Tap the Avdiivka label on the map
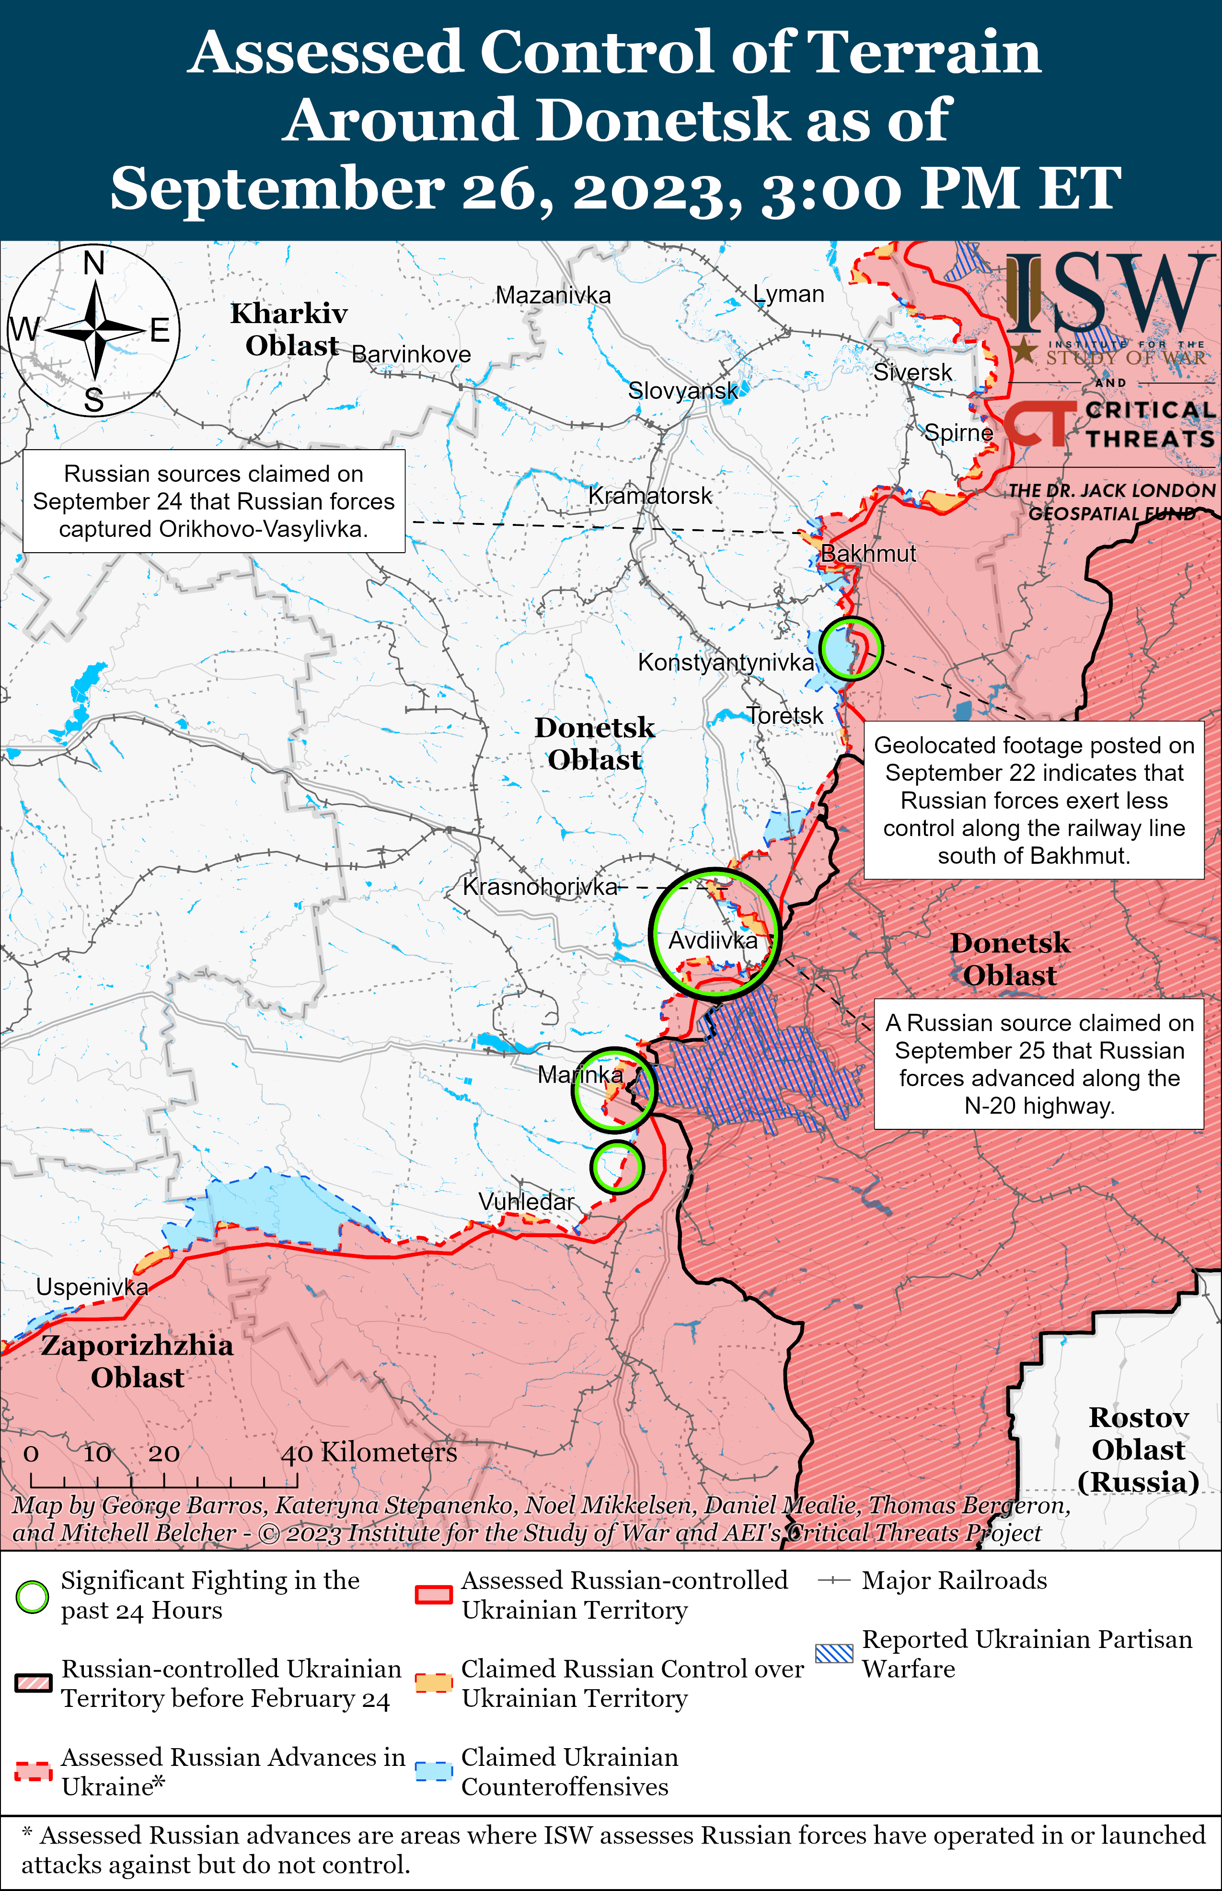click(x=713, y=940)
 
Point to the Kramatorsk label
click(x=650, y=496)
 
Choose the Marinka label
click(x=580, y=1075)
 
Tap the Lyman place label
click(x=789, y=294)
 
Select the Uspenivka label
click(x=92, y=1287)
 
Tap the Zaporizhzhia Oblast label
click(x=137, y=1361)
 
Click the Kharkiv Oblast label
click(x=289, y=329)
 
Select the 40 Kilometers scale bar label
click(x=369, y=1452)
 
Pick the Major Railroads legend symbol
click(x=834, y=1581)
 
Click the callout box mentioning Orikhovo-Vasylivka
click(x=213, y=501)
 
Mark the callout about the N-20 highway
click(x=1039, y=1064)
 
